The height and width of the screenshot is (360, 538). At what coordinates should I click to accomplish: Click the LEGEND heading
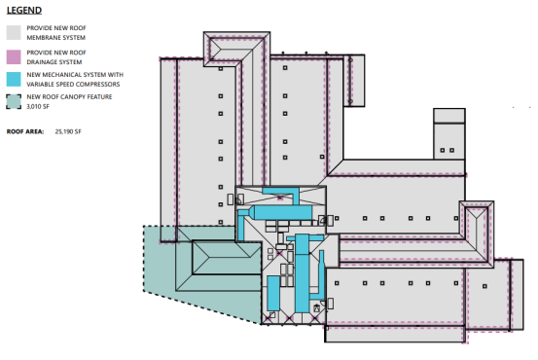(24, 11)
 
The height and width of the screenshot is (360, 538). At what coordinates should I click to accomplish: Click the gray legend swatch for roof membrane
(14, 33)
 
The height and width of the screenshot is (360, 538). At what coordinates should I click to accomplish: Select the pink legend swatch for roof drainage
(14, 57)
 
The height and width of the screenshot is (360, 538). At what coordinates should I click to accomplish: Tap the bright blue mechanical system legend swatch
(14, 79)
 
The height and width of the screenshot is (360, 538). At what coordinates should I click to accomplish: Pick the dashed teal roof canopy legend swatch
(14, 101)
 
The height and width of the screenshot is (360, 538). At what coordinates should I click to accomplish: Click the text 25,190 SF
(68, 131)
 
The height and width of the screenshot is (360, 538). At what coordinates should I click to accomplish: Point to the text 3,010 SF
(38, 107)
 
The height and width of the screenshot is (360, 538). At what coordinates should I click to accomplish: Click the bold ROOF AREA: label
(25, 131)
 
